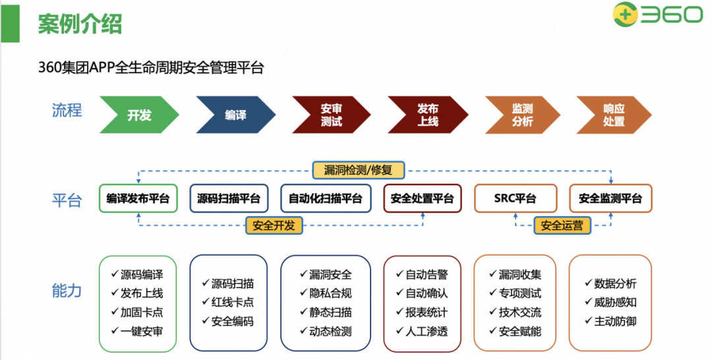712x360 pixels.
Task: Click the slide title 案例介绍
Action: pyautogui.click(x=79, y=24)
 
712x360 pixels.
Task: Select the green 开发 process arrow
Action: pyautogui.click(x=139, y=115)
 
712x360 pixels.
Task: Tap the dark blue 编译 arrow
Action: pyautogui.click(x=235, y=115)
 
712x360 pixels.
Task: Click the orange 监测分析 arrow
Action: pyautogui.click(x=522, y=115)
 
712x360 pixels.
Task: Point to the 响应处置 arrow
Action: pyautogui.click(x=613, y=115)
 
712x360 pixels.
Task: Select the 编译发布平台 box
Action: pyautogui.click(x=138, y=198)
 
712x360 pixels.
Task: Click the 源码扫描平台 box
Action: pyautogui.click(x=229, y=198)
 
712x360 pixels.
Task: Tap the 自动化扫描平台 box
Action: pyautogui.click(x=326, y=198)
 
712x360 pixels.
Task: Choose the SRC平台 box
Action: pyautogui.click(x=515, y=198)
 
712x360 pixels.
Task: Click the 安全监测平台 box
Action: pyautogui.click(x=610, y=198)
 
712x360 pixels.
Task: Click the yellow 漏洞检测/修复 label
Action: pyautogui.click(x=358, y=169)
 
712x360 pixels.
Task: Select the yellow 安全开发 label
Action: pyautogui.click(x=274, y=225)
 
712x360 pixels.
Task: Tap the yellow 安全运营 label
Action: pyautogui.click(x=562, y=225)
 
